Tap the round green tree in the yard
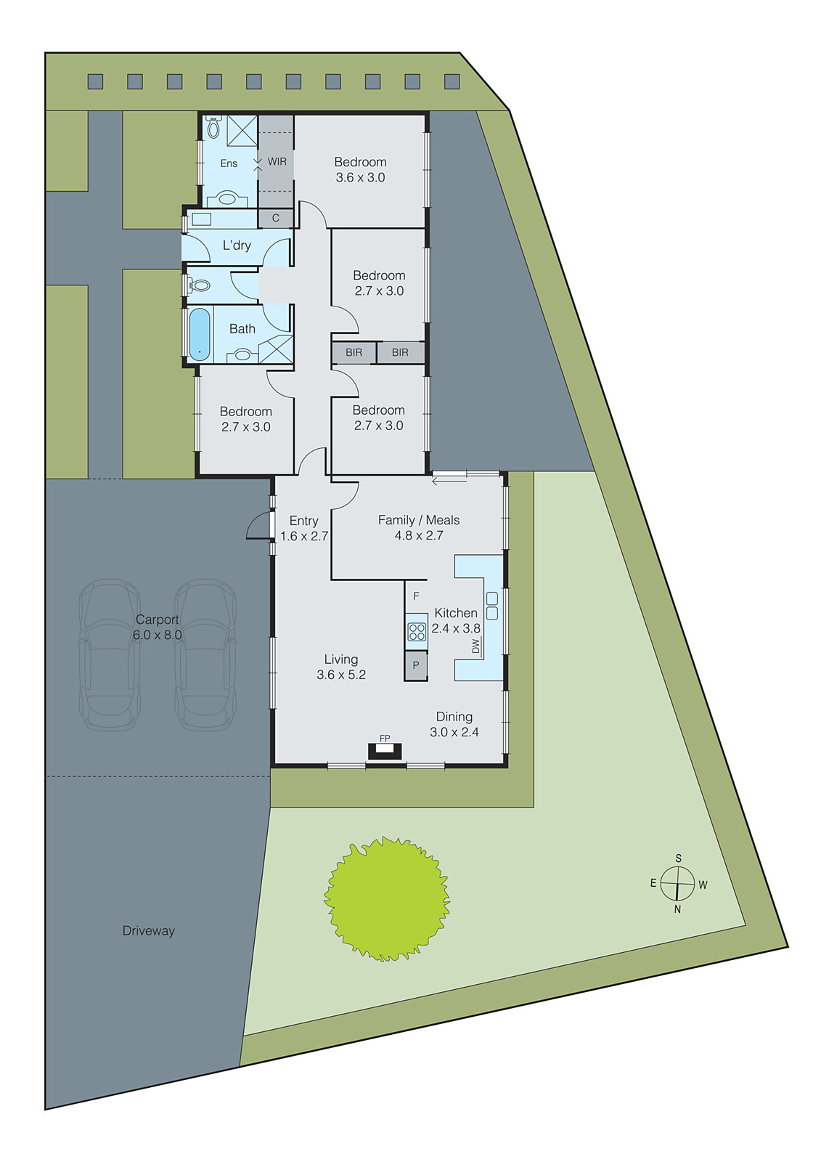[387, 898]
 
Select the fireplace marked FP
[385, 751]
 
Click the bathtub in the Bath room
[200, 335]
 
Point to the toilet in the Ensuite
[213, 129]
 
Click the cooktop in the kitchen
[417, 631]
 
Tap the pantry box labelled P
[416, 665]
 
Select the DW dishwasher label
[476, 646]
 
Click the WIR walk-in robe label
[277, 162]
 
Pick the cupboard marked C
[276, 218]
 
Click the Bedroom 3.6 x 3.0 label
[360, 169]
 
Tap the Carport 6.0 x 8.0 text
[157, 627]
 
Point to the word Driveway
[148, 930]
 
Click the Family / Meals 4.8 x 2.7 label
[419, 527]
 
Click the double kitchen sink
[492, 606]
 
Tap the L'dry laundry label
[237, 245]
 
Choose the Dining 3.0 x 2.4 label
[454, 724]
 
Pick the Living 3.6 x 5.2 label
[341, 667]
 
